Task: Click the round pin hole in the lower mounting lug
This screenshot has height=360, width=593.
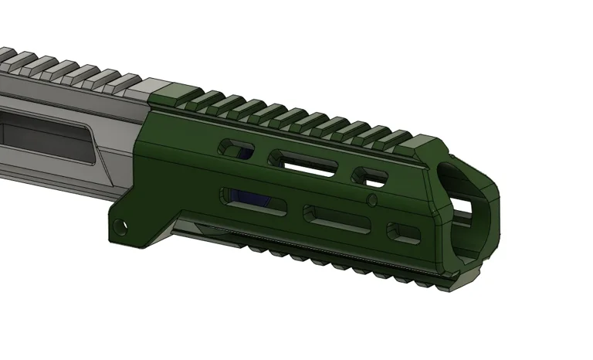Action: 120,227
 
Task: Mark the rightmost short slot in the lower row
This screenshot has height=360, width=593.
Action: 404,232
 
